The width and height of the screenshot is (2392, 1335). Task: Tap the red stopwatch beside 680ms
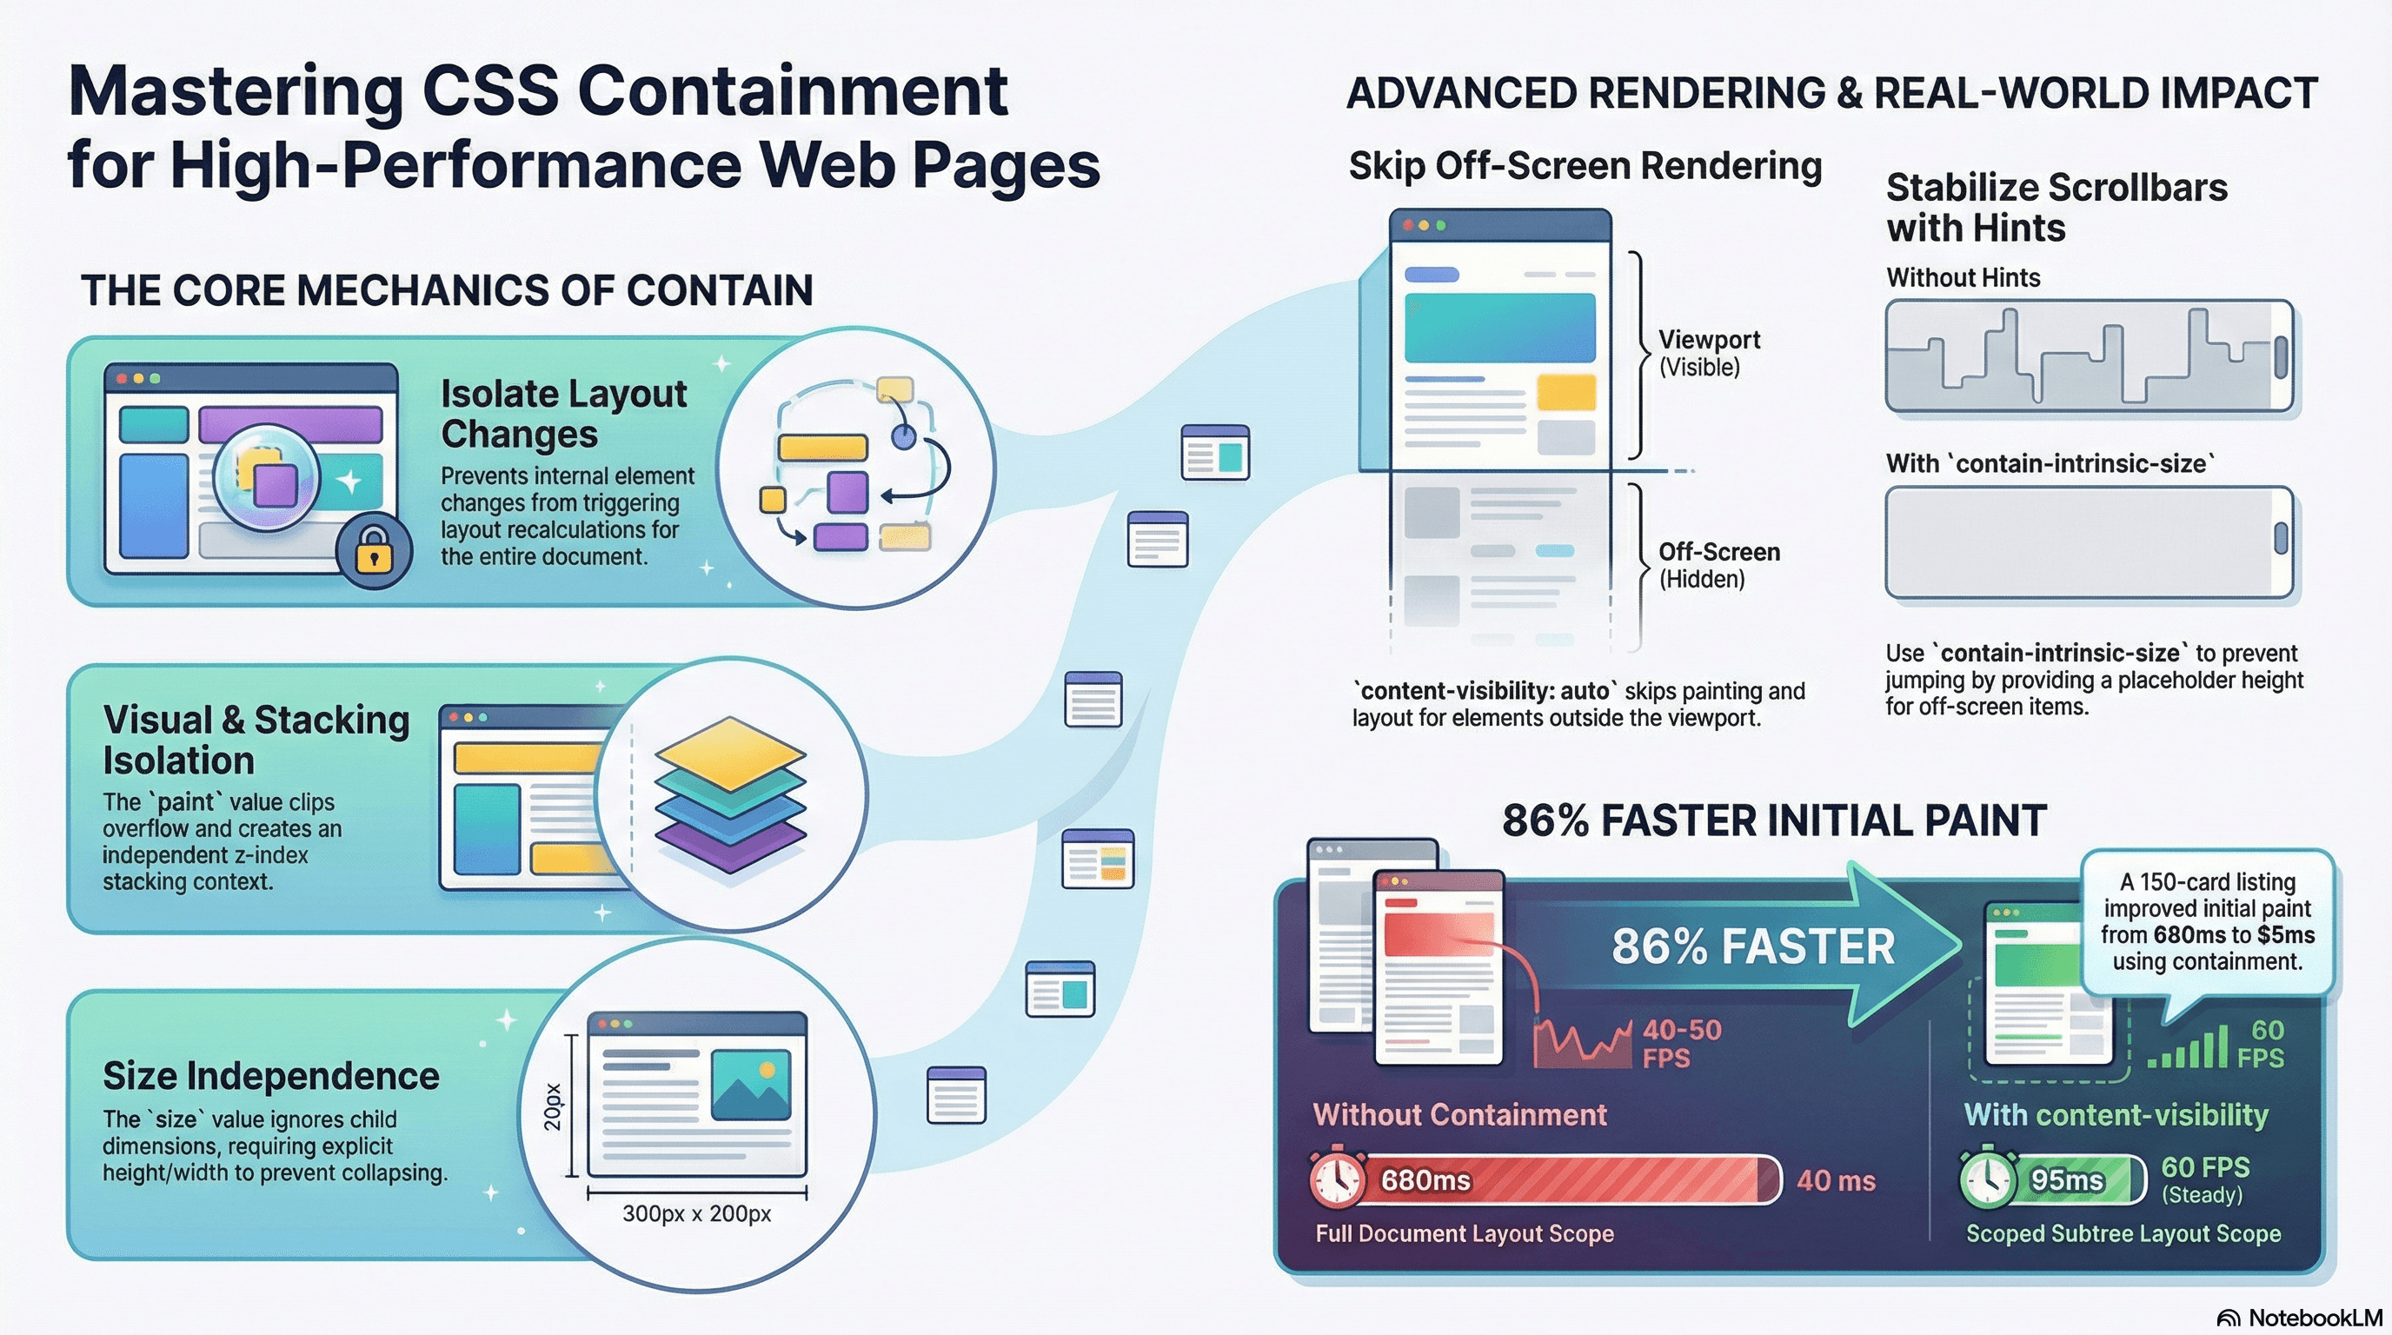[1337, 1179]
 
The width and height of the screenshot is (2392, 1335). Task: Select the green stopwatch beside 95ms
[1989, 1179]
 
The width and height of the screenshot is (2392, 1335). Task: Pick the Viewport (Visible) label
[1709, 353]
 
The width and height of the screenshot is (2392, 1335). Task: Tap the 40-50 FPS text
[1682, 1043]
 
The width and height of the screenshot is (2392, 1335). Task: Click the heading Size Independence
[271, 1076]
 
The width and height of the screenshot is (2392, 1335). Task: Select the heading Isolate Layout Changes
[562, 413]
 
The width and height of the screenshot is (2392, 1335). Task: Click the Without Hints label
[1963, 277]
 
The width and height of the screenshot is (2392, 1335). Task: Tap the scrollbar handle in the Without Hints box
[2280, 356]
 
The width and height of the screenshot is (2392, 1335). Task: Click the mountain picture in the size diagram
[750, 1085]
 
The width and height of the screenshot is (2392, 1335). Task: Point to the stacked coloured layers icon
[730, 794]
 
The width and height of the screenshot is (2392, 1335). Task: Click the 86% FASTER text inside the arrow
[1752, 947]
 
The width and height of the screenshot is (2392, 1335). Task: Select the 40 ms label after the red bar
[1836, 1180]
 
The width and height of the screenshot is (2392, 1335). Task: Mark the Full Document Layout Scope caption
[1465, 1233]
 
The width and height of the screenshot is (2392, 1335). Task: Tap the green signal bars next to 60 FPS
[2188, 1049]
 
